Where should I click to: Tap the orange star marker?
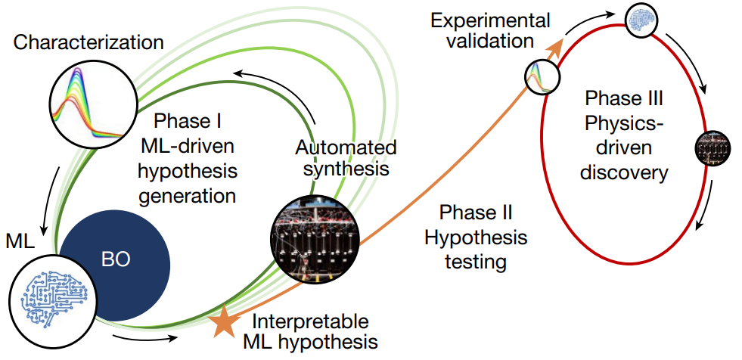coord(223,321)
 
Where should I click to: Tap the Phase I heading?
coord(185,121)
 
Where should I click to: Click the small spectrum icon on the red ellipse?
coord(542,76)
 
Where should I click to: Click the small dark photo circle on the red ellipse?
coord(712,147)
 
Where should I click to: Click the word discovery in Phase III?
coord(624,172)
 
